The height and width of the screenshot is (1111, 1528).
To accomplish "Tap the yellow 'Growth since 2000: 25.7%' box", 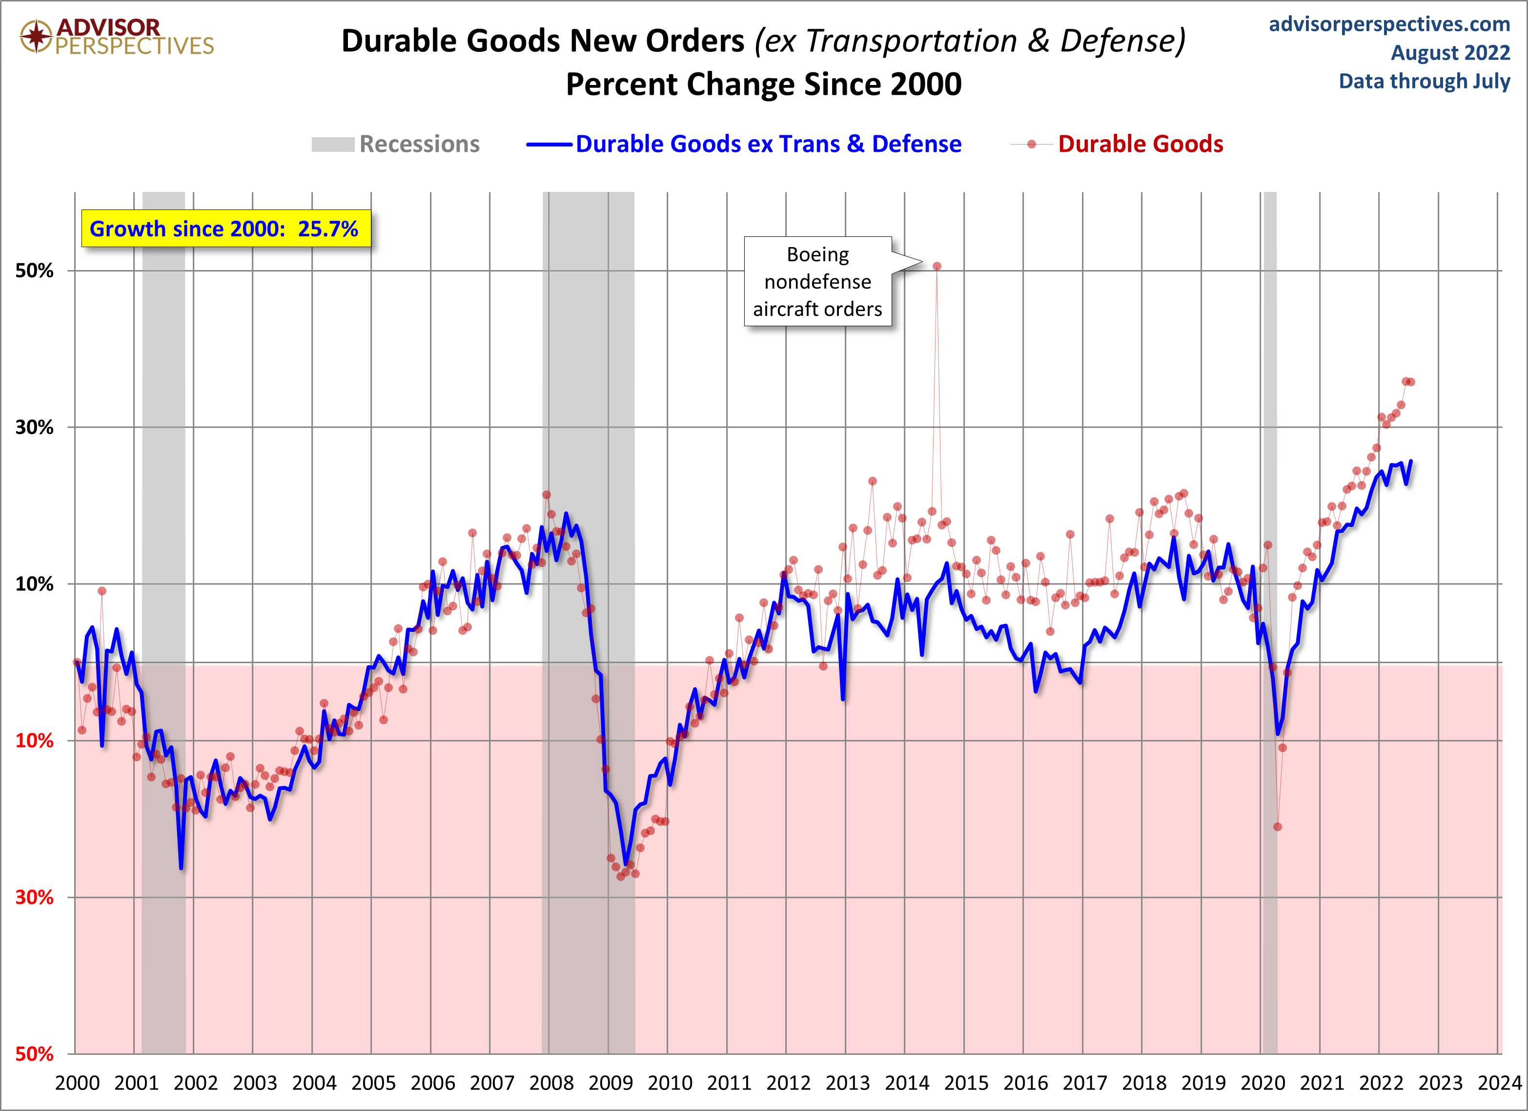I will coord(225,229).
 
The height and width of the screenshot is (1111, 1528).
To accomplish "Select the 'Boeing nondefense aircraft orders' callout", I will coord(817,281).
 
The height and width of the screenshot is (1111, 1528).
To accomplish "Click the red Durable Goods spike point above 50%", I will coord(937,266).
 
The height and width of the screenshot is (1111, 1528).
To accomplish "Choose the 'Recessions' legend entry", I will coord(396,144).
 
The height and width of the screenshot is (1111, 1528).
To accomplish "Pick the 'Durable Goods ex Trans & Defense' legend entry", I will coord(744,144).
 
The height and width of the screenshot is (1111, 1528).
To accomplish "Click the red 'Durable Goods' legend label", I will coord(1140,144).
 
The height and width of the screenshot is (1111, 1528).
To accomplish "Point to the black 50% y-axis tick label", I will coord(34,271).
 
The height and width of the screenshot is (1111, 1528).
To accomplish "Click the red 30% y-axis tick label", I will coord(34,897).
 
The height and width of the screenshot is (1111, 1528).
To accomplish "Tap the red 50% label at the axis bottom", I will coord(34,1054).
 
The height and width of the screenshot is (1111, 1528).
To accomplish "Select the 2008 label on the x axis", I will coord(551,1083).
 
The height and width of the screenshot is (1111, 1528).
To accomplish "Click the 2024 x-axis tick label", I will coord(1500,1083).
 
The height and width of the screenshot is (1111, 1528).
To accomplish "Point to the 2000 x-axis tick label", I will coord(77,1083).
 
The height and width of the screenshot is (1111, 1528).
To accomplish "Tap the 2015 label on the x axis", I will coord(966,1083).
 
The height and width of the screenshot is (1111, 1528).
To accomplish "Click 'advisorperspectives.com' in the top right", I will coord(1389,24).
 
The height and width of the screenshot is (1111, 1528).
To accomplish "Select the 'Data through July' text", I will coord(1424,81).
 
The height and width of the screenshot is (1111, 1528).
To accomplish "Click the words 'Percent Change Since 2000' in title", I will coord(763,84).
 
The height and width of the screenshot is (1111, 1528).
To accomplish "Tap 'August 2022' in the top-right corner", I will coord(1450,53).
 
